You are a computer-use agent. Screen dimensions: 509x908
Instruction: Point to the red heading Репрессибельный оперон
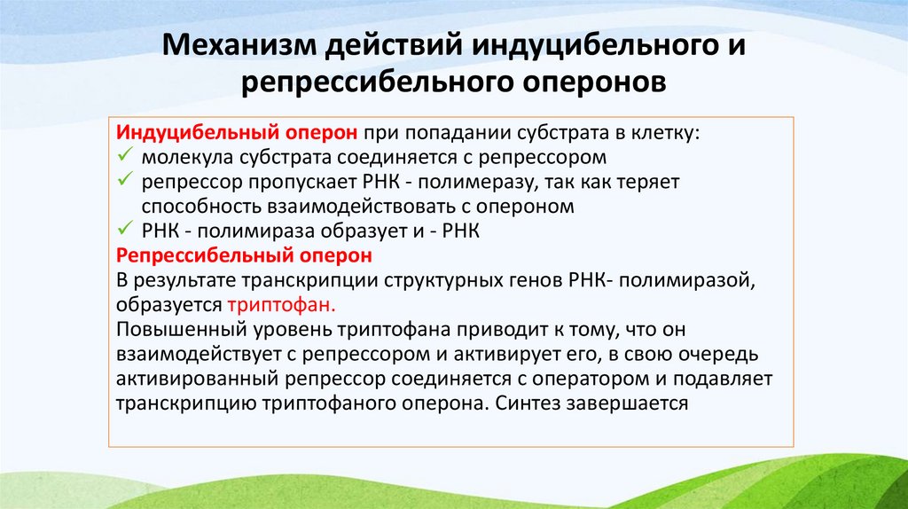[x=244, y=255]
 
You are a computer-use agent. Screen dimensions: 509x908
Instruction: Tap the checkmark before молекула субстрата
[x=124, y=157]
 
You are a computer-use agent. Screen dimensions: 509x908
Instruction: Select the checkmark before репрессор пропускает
[x=124, y=182]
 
